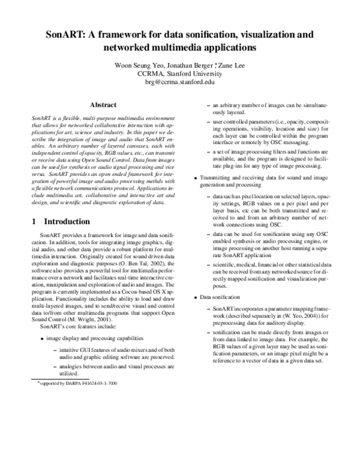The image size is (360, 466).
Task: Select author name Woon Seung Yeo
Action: coord(142,65)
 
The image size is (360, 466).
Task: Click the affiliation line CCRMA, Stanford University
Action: coord(180,74)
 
